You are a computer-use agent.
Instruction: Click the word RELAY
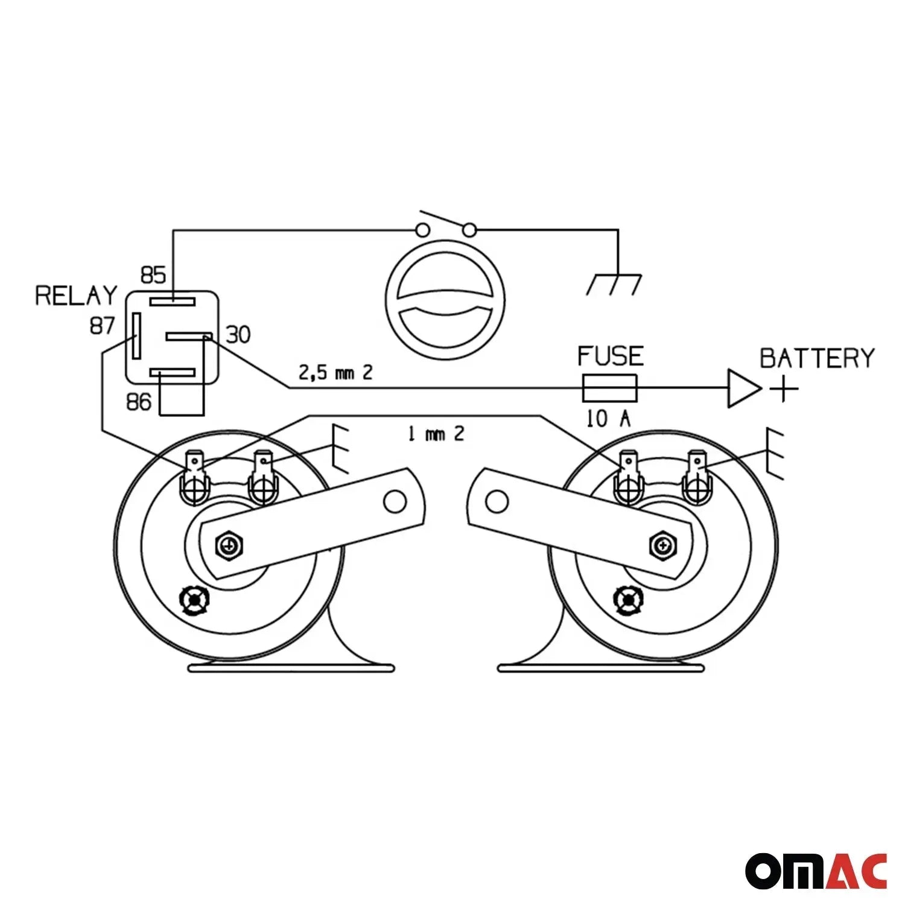(x=76, y=296)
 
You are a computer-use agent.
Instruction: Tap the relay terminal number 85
(x=153, y=275)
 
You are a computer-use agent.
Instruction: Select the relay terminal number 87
(x=102, y=326)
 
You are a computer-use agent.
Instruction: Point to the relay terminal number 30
(x=238, y=334)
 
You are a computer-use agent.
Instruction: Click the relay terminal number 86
(x=139, y=402)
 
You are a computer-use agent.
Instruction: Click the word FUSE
(x=611, y=356)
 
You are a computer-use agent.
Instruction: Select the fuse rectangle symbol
(x=609, y=388)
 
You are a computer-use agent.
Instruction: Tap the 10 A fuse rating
(x=609, y=419)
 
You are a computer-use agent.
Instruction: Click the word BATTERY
(x=817, y=358)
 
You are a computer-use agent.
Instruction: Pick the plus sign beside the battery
(x=784, y=388)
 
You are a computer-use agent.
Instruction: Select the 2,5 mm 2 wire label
(x=336, y=372)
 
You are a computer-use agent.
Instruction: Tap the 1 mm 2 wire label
(x=436, y=433)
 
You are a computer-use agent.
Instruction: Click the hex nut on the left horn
(x=230, y=546)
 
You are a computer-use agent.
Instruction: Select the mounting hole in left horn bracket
(x=395, y=501)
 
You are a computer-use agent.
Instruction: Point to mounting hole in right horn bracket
(x=497, y=501)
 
